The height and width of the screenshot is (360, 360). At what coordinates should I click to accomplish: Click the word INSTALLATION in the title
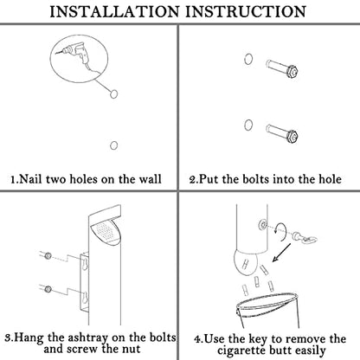[115, 12]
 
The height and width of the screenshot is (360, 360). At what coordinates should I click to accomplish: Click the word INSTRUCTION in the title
[245, 12]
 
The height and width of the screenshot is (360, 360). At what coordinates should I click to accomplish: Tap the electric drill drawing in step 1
[77, 54]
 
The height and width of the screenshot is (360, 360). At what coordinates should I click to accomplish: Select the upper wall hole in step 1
[114, 93]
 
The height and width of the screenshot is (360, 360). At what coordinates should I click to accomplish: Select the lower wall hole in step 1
[114, 145]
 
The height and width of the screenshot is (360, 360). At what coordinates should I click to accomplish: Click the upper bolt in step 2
[282, 68]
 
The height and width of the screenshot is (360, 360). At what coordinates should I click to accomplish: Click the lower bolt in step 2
[282, 133]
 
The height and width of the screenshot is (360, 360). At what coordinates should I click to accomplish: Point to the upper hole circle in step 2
[248, 59]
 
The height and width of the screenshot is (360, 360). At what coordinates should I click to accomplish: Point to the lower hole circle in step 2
[248, 125]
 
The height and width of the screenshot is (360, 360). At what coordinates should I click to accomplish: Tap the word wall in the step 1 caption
[150, 179]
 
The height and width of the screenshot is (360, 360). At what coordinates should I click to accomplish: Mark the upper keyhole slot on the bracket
[85, 264]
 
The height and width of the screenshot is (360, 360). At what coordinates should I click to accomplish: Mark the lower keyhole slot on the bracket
[85, 298]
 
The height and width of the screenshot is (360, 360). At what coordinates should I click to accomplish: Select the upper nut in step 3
[48, 255]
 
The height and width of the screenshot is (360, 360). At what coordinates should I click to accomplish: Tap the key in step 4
[305, 239]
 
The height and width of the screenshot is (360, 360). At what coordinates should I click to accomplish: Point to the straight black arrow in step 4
[281, 253]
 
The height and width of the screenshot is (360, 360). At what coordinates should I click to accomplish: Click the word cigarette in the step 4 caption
[241, 350]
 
